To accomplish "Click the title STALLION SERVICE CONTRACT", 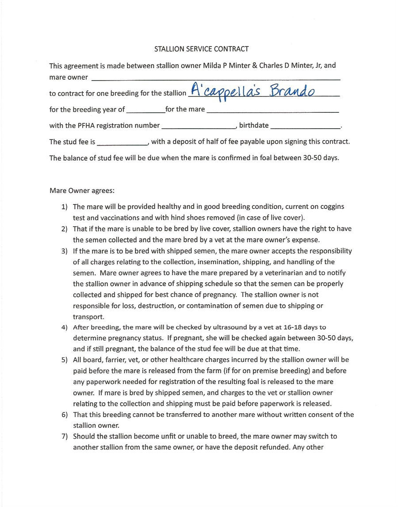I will [201, 49].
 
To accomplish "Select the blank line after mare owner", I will [215, 78].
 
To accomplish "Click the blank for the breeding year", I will [145, 110].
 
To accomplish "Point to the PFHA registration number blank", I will [199, 127].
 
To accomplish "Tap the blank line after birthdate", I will [305, 127].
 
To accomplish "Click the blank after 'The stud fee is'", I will [122, 143].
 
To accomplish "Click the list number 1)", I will [64, 207].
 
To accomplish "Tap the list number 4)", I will [64, 327].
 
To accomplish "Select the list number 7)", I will [64, 436].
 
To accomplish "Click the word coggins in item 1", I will [332, 207].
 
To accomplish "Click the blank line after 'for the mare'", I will [272, 110].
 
